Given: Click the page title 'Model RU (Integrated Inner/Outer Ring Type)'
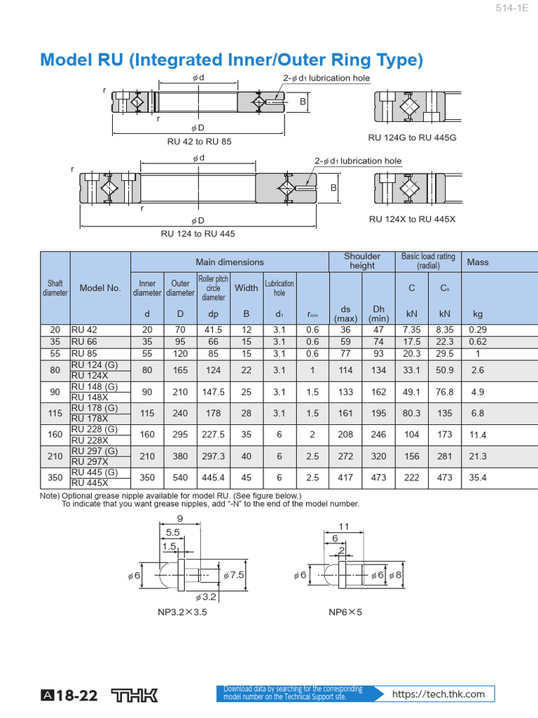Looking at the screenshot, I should point(231,60).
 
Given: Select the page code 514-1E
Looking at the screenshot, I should point(514,8).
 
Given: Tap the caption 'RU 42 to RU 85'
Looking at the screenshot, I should point(199,141).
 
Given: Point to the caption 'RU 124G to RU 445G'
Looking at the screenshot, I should point(412,137).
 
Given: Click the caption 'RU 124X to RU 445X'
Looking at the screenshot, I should point(412,219).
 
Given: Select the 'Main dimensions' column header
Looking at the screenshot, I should point(230,262).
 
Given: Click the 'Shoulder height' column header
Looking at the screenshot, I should point(362,261).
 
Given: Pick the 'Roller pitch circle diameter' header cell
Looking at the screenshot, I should point(213,287).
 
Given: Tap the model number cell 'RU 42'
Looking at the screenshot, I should point(84,329).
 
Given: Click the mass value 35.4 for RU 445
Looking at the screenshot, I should point(478,477).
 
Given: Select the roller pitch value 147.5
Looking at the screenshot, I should point(213,391).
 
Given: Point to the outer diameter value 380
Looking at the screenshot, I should point(180,456).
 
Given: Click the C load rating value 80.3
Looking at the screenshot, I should point(412,413).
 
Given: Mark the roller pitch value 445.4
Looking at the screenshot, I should point(213,477).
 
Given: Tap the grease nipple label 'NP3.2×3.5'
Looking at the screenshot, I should point(182,611).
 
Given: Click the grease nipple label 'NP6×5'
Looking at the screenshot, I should point(345,611).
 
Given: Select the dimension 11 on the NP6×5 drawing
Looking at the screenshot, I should point(344,526).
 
